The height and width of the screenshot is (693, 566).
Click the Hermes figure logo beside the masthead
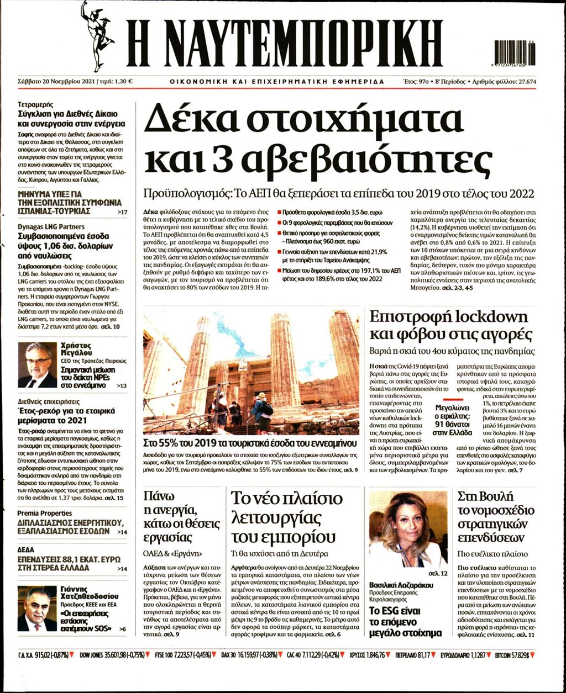click(x=97, y=35)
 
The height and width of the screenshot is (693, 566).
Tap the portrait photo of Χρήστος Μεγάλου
click(x=37, y=364)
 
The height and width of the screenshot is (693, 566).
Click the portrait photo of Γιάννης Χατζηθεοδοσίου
click(x=37, y=609)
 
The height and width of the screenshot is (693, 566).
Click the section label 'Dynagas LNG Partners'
click(x=51, y=226)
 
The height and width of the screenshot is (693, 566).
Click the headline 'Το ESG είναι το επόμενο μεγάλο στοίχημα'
click(x=405, y=622)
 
